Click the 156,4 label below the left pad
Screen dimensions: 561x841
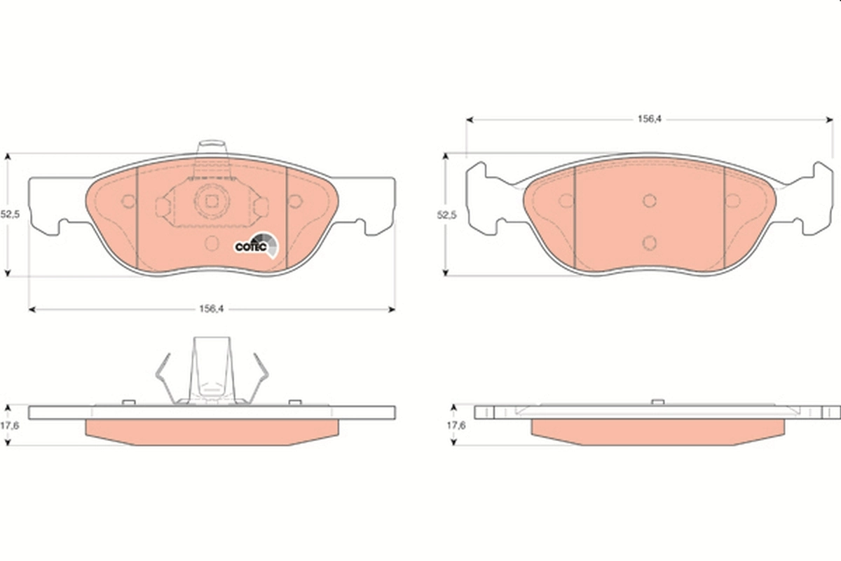tap(212, 309)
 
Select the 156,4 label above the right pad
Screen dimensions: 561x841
tap(649, 119)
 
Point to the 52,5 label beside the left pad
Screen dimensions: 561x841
tap(8, 215)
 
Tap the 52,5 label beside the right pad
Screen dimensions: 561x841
tap(446, 215)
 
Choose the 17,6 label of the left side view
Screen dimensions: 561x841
tap(8, 425)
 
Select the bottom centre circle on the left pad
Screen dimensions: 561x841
tap(212, 243)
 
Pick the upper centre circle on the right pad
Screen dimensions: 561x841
tap(650, 201)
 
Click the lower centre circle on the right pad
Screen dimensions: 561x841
tap(650, 243)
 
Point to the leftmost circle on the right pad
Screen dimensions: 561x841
tap(566, 201)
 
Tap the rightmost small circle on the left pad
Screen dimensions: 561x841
tap(295, 201)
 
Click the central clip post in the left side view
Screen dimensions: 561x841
tap(212, 368)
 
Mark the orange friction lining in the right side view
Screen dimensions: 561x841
tap(657, 431)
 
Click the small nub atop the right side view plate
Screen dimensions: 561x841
tap(657, 401)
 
